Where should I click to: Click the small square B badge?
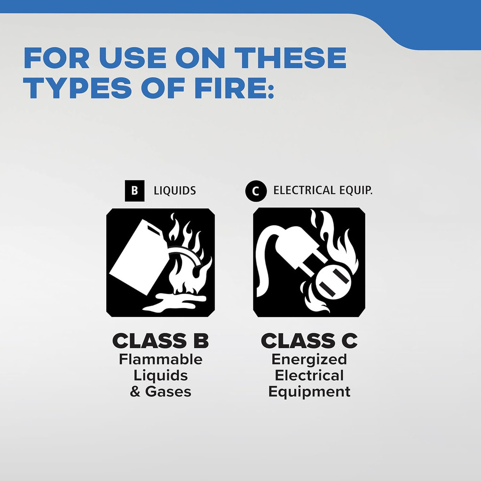pos(134,191)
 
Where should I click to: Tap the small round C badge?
pos(255,191)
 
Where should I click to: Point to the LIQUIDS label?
pos(175,191)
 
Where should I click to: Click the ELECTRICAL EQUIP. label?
pos(323,190)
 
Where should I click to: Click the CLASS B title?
pos(160,341)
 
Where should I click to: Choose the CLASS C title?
pos(309,341)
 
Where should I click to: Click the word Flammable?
pos(161,360)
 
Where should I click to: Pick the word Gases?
pos(168,392)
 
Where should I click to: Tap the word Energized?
pos(309,360)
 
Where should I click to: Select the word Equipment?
pos(309,392)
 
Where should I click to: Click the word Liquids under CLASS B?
pos(161,375)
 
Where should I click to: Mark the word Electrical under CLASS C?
pos(309,375)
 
